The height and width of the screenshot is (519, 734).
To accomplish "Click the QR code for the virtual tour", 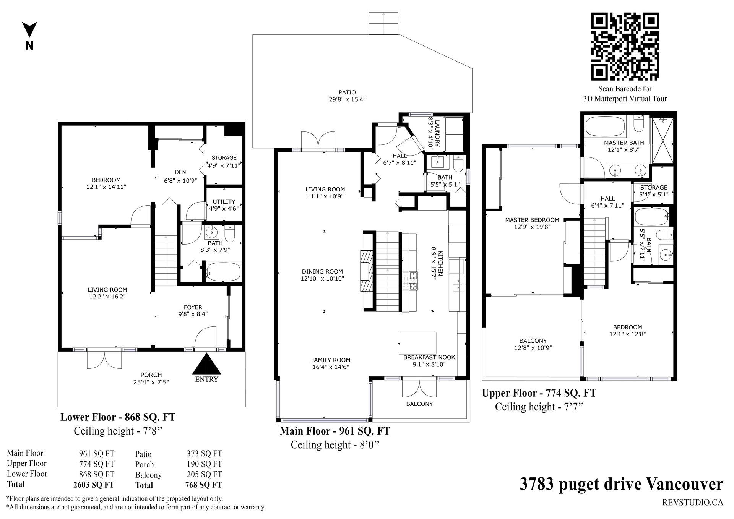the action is [625, 47].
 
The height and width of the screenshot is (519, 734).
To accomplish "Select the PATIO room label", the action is [347, 92].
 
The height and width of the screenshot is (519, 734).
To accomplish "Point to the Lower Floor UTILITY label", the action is [224, 202].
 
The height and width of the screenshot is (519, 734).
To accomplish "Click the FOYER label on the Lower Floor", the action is [193, 307].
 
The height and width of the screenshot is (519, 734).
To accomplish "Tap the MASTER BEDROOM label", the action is [532, 220].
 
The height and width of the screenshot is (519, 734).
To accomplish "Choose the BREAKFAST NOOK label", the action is [429, 357].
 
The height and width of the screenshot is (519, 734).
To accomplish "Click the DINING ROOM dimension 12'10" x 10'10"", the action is [322, 279].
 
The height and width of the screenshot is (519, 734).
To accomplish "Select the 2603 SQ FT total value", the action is [94, 485].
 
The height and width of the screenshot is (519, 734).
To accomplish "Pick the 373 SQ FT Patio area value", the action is [204, 454].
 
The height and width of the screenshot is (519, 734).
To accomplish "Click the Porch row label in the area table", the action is [145, 464].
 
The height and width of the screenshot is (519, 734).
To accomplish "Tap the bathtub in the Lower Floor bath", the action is [223, 272].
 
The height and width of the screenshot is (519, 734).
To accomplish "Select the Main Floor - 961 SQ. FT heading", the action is [335, 431].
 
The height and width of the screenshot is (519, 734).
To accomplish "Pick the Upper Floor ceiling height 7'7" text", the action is [539, 407].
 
